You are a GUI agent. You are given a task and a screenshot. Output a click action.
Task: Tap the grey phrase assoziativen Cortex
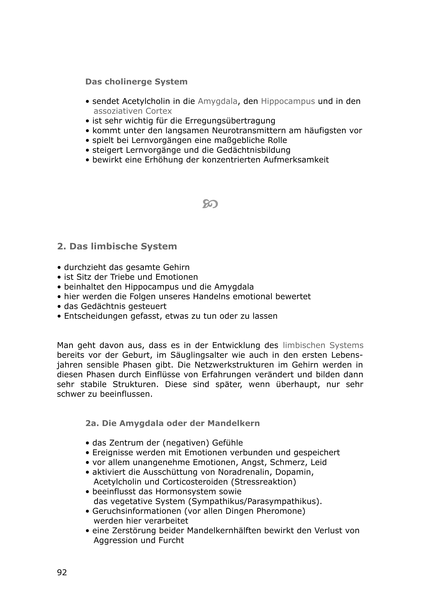[133, 111]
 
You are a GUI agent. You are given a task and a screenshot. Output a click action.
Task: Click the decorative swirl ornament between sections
[210, 204]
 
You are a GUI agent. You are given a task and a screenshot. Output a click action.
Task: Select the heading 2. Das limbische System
[117, 246]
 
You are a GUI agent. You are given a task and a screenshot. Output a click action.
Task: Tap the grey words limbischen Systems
[323, 345]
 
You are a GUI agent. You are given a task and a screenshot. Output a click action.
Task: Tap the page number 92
[62, 572]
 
